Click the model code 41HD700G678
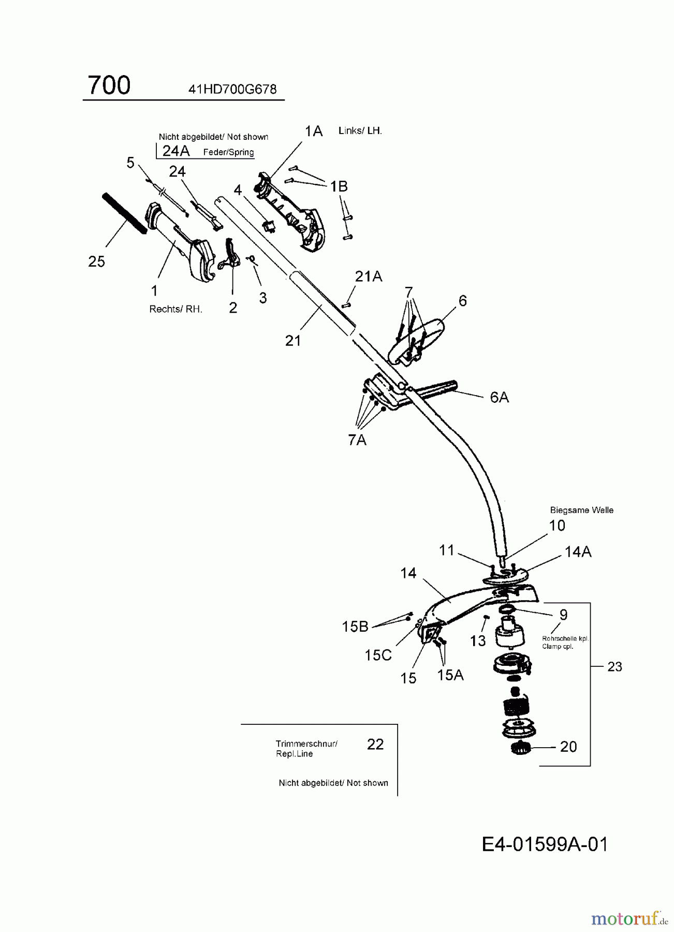tap(232, 89)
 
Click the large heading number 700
tap(109, 85)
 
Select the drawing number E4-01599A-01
tap(545, 844)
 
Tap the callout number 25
tap(97, 261)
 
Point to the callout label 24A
tap(176, 151)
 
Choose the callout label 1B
tap(339, 186)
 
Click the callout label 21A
tap(369, 277)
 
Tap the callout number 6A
tap(499, 397)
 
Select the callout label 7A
tap(357, 440)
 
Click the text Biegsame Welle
tap(582, 510)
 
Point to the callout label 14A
tap(578, 552)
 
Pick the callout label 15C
tap(378, 655)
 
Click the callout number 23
tap(614, 667)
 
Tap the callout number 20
tap(568, 746)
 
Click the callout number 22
tap(375, 744)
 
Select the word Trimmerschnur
tap(306, 744)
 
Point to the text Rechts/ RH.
tap(176, 309)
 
